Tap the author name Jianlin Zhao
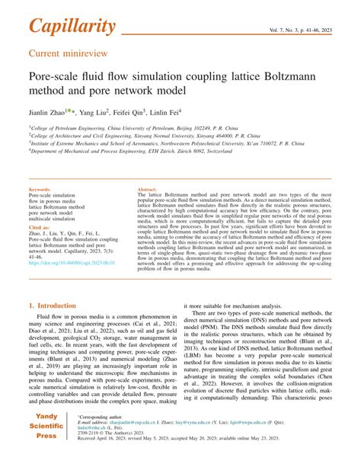tap(48, 110)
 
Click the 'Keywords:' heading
tap(39, 189)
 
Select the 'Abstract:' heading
tap(147, 189)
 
